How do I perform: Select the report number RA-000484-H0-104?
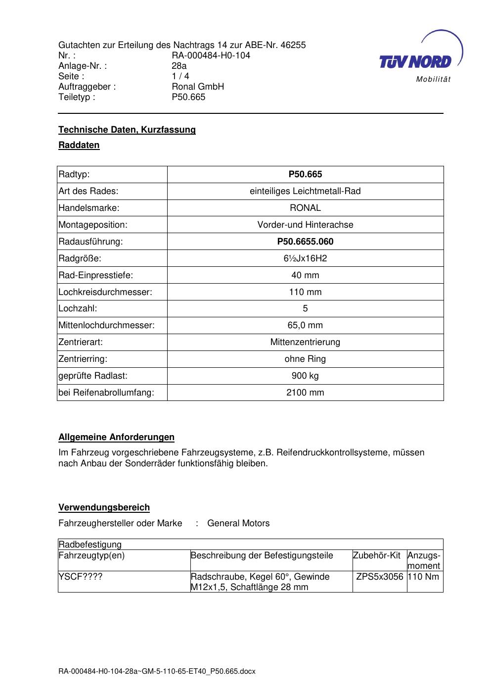(211, 55)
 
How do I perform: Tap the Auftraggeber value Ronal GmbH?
(198, 87)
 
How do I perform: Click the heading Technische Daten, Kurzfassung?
(127, 130)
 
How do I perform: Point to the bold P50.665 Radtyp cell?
(305, 174)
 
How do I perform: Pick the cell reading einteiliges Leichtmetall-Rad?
(305, 191)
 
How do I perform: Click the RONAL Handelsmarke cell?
(305, 208)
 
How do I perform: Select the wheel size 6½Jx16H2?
(305, 258)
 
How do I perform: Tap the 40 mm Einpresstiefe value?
(305, 275)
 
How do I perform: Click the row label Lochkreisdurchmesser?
(105, 292)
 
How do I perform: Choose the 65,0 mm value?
(305, 325)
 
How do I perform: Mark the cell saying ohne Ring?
(305, 359)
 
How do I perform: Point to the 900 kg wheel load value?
(305, 376)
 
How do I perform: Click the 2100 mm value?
(305, 393)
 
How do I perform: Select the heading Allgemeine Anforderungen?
(116, 437)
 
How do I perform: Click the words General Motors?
(238, 523)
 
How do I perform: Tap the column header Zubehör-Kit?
(377, 555)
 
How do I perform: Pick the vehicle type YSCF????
(81, 577)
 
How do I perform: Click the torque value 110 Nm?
(423, 577)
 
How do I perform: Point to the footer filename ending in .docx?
(157, 672)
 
